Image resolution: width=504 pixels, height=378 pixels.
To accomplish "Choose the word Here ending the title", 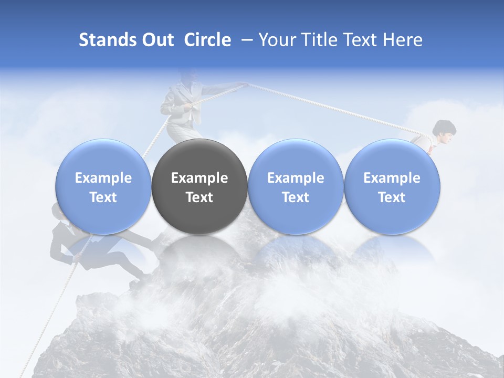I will tap(403, 40).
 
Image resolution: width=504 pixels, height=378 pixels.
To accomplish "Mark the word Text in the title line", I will tap(358, 40).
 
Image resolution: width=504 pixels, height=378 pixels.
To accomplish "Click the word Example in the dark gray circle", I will tap(199, 178).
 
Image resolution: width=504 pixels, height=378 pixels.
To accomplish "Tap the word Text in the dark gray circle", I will tap(199, 197).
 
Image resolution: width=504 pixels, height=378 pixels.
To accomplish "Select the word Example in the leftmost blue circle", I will tap(103, 178).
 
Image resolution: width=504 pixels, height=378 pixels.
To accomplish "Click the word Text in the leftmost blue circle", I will tap(103, 197).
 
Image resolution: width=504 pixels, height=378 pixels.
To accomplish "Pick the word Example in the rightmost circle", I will tap(392, 178).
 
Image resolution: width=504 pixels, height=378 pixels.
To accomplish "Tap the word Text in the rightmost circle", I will tap(392, 197).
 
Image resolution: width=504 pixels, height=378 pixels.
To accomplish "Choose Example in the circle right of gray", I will tap(296, 178).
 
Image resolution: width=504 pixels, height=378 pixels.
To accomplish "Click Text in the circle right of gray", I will tap(296, 197).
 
